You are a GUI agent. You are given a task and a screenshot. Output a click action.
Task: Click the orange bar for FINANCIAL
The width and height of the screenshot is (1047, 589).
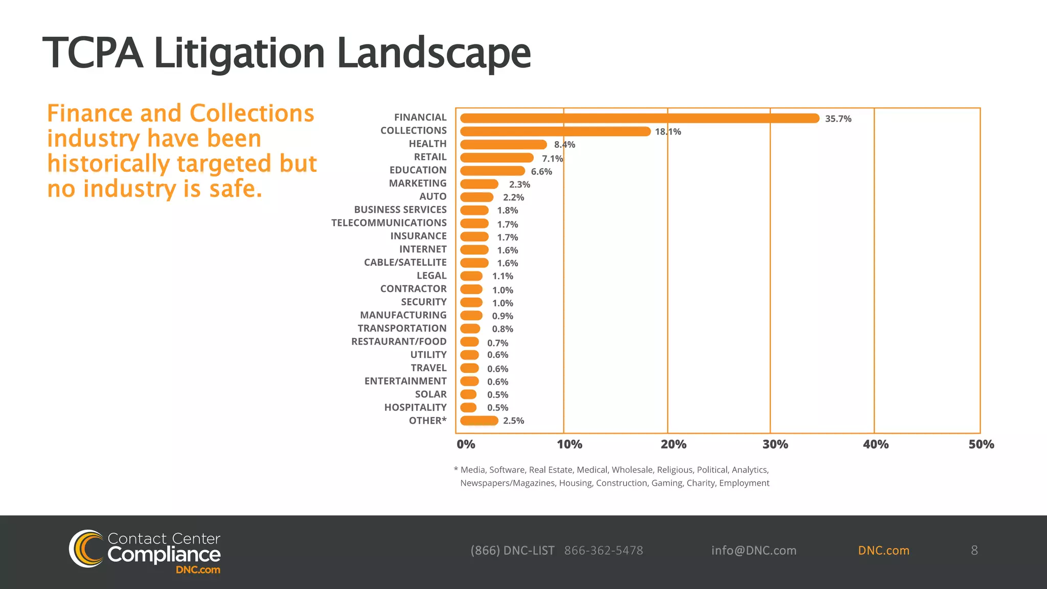(x=639, y=118)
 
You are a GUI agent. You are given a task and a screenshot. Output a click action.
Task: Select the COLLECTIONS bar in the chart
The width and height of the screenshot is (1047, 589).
(x=555, y=131)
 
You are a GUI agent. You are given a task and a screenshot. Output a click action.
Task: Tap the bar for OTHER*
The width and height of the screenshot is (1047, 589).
(x=479, y=421)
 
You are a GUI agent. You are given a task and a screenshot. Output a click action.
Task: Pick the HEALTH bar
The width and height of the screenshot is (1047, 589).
(x=504, y=145)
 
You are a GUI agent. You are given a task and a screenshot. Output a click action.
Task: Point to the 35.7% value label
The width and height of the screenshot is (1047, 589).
(x=838, y=119)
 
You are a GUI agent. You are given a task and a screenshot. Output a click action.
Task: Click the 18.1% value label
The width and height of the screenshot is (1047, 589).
(x=668, y=132)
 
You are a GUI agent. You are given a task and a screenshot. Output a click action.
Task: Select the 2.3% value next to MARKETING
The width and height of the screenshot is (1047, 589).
(x=519, y=185)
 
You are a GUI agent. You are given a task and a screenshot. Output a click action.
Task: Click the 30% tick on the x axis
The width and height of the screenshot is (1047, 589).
(x=775, y=444)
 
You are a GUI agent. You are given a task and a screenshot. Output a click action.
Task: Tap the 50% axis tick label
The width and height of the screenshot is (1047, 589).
(x=981, y=444)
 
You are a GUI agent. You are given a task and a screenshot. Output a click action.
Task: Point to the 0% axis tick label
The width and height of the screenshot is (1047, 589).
(x=466, y=444)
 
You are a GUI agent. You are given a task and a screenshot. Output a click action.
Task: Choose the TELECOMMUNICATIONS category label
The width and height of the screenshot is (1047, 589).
(x=389, y=223)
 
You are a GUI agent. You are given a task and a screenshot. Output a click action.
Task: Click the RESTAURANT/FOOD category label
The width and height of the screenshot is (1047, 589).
(x=399, y=342)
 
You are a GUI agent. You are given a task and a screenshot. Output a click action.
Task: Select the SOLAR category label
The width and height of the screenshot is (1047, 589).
(x=430, y=394)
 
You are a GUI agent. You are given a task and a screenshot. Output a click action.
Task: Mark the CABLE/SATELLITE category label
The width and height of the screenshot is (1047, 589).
(x=405, y=262)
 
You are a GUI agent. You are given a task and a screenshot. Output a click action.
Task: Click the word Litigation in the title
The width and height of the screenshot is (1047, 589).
(x=239, y=53)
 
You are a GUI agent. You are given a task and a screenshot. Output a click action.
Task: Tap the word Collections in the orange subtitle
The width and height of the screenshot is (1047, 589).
(x=252, y=114)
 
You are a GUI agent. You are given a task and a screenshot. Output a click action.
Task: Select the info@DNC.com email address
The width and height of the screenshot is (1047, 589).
(x=754, y=551)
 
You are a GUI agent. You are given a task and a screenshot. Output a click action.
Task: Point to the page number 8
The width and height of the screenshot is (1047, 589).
(x=974, y=550)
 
